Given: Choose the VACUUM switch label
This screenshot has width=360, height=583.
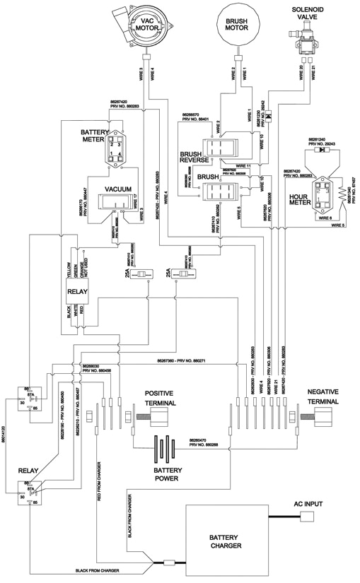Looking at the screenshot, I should coord(119,189).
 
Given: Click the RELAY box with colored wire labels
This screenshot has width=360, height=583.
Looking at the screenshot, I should coord(76,290).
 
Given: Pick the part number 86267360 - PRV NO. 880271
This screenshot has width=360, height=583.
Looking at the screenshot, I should coord(182,361).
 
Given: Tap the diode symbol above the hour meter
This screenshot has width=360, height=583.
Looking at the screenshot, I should coord(323,150).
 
